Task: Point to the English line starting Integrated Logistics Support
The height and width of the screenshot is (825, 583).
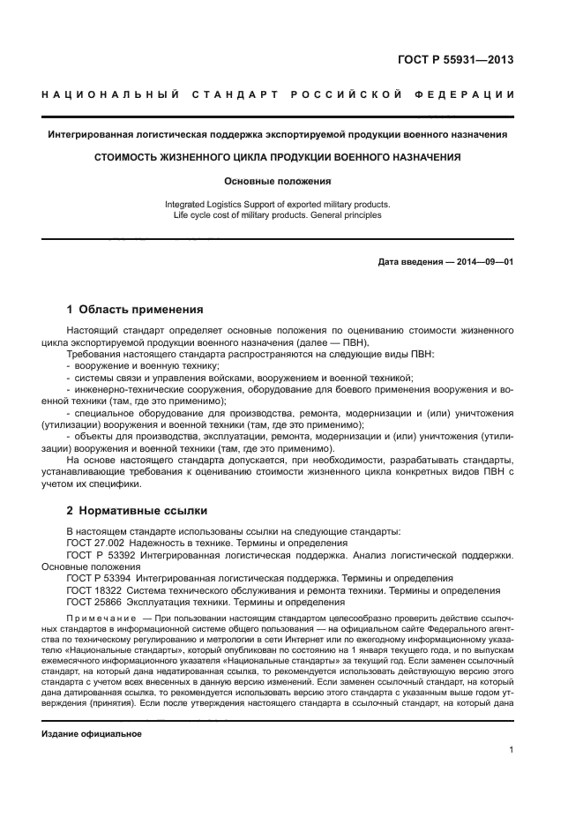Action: [x=278, y=204]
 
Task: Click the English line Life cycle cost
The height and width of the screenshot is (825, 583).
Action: [x=278, y=214]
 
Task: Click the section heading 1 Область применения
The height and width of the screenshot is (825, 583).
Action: [x=135, y=310]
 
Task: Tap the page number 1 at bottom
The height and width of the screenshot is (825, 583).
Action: [x=512, y=750]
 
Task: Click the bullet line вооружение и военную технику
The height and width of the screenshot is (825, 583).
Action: [x=146, y=365]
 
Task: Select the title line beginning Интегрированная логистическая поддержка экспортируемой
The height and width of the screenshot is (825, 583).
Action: [x=278, y=134]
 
